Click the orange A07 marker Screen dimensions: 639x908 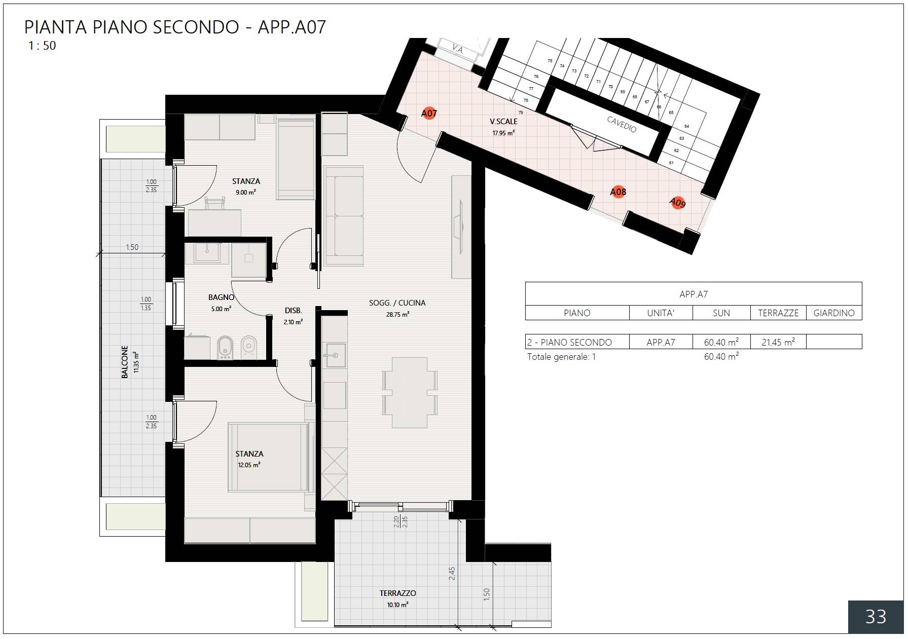coord(429,113)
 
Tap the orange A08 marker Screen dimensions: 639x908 coord(618,192)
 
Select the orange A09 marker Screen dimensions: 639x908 coord(678,203)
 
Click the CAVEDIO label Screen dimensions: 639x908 coord(622,124)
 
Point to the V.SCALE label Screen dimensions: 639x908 coord(503,122)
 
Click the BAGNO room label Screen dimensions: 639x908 coord(221,297)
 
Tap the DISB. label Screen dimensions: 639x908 coord(293,311)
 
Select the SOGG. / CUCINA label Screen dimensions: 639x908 coord(397,303)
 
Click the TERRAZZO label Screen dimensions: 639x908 coord(397,593)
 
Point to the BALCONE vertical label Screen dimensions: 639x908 coord(125,362)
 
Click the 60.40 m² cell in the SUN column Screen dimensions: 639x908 coord(721,342)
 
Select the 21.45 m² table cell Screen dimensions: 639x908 coord(778,342)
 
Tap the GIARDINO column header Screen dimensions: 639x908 coord(833,313)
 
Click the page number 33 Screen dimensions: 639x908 coord(876,616)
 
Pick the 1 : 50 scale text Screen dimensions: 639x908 coord(42,46)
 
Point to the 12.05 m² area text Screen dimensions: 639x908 coord(249,465)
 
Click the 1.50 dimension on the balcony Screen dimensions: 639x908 coord(132,247)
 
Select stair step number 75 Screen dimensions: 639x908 coord(550,61)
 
